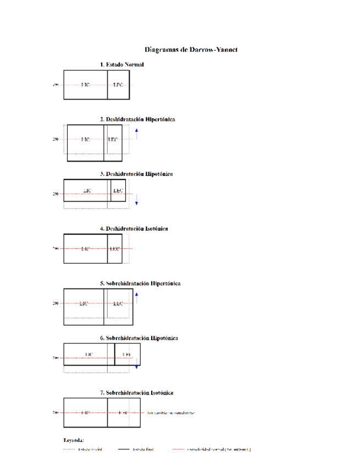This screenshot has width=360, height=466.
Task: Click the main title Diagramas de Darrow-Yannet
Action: (191, 49)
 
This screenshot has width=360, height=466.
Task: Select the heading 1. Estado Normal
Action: (122, 64)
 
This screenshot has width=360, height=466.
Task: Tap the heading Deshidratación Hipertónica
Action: (137, 119)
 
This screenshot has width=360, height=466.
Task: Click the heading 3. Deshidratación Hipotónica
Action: (136, 174)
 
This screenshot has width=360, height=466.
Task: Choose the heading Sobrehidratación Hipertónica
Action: (140, 284)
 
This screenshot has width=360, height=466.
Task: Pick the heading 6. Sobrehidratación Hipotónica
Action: (139, 338)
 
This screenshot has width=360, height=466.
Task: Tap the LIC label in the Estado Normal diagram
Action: (85, 85)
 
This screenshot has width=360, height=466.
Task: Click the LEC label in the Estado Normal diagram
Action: (118, 85)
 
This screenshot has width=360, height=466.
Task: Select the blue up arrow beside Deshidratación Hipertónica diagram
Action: (136, 133)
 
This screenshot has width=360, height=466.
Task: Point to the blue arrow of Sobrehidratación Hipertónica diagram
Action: (136, 297)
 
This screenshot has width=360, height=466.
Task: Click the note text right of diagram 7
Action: (171, 413)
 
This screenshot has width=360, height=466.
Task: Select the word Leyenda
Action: (74, 440)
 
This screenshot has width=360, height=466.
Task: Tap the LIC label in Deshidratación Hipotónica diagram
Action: (87, 190)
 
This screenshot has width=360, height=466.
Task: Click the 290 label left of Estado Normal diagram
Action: (56, 85)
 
